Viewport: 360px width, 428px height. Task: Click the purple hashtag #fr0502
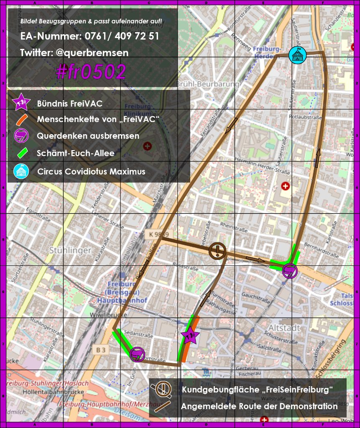pos(91,72)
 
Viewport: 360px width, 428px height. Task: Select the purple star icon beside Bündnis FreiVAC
pos(21,102)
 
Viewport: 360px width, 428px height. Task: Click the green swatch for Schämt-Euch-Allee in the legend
pos(21,153)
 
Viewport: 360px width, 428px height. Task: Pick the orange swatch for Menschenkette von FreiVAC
pos(21,120)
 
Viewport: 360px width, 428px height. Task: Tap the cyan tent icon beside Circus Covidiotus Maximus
pos(21,171)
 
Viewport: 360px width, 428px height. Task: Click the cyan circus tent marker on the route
pos(298,55)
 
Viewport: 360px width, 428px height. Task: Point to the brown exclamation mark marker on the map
pos(217,251)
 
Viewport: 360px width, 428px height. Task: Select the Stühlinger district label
pos(70,250)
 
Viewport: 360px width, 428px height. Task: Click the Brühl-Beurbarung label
pos(207,84)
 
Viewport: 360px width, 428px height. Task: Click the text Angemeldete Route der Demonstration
pos(259,406)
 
